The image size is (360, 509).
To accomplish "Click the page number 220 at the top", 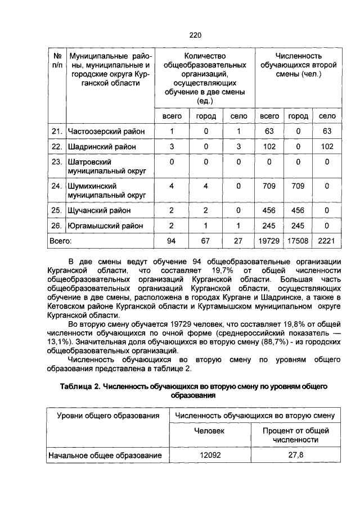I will tap(195, 35).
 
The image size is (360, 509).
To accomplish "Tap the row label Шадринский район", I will tap(102, 147).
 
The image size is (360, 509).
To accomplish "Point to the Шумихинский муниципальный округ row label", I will tap(107, 190).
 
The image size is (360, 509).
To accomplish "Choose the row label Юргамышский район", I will tap(105, 226).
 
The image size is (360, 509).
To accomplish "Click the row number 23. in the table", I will tap(56, 162).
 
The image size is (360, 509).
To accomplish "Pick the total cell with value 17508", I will tap(298, 241).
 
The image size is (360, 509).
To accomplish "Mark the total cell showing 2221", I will tap(327, 241).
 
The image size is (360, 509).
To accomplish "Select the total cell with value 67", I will tap(206, 241).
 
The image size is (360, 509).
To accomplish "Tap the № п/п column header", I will tap(56, 61).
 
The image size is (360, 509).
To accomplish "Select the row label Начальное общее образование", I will tap(105, 455).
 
